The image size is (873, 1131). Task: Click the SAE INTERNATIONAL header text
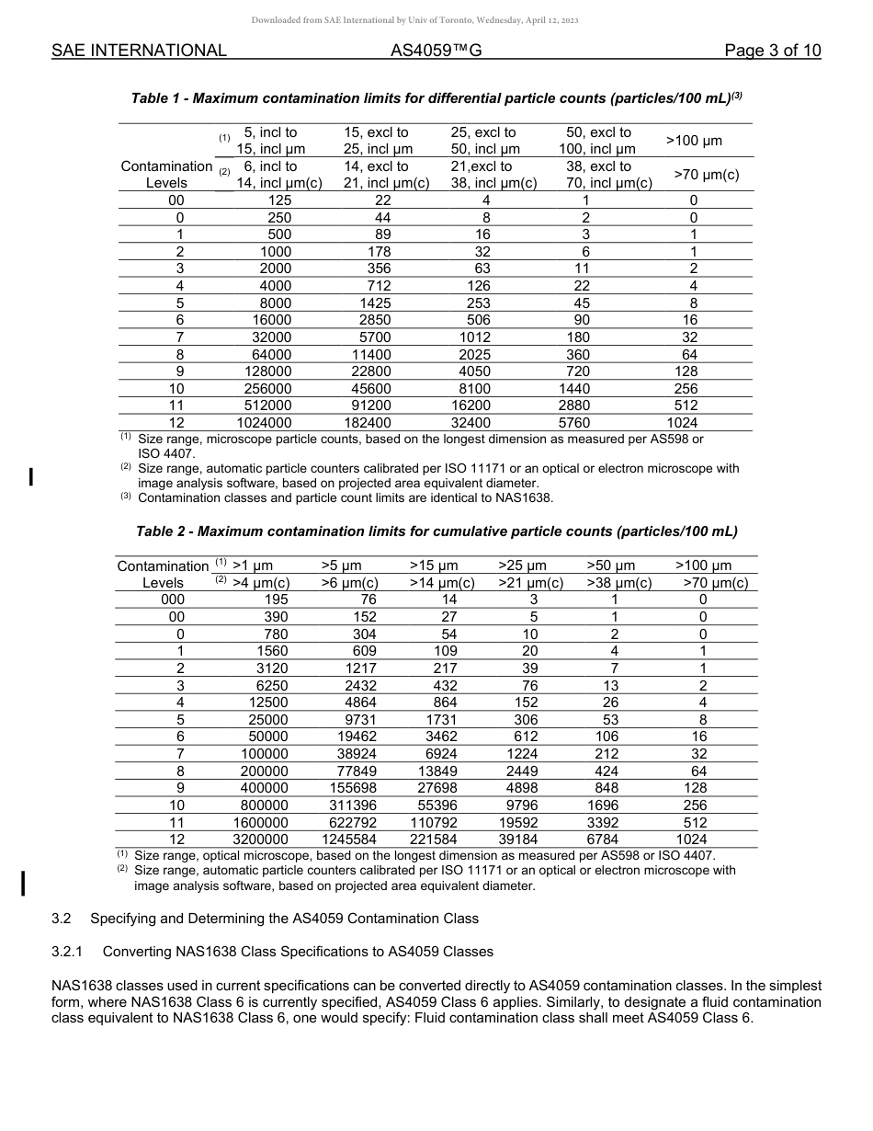point(139,51)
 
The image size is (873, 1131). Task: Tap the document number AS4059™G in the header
point(436,51)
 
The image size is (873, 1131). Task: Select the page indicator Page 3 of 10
point(772,51)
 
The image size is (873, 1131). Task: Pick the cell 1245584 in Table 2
point(353,840)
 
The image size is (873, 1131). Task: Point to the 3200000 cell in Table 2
point(261,840)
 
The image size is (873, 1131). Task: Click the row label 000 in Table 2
point(173,600)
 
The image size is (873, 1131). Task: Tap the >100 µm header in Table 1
point(693,141)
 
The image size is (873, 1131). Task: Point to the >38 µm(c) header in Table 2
point(619,583)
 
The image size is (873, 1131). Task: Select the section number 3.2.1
point(68,952)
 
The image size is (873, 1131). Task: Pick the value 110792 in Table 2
point(442,823)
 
